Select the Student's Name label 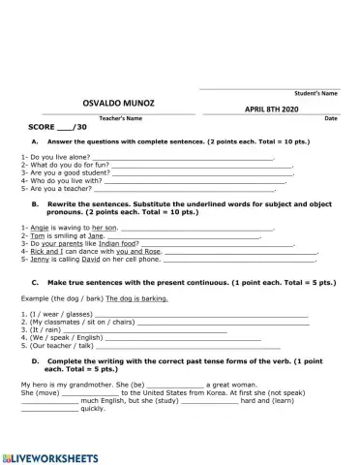coord(315,94)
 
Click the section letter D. coord(35,360)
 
